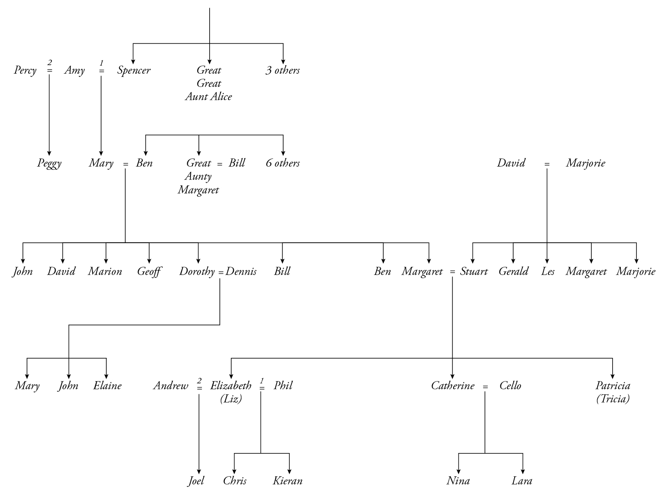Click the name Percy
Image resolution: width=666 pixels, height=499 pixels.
coord(25,71)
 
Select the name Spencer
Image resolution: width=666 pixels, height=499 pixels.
coord(134,71)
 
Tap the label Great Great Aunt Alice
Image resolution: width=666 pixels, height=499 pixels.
coord(209,83)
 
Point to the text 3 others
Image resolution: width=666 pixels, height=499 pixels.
coord(283,71)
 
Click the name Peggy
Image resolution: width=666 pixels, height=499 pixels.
coord(49,163)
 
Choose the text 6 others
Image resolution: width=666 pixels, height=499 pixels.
coord(283,163)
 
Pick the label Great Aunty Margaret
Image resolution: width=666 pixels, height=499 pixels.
coord(199,176)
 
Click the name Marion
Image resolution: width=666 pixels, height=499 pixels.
coord(105,272)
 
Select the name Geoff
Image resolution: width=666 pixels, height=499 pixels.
coord(149,272)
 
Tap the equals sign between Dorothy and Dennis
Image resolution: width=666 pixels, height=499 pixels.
coord(221,272)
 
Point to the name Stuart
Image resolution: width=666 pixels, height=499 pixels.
coord(474,272)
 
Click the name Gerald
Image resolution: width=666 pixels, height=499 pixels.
coord(513,272)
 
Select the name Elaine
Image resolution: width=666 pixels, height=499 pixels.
coord(107,386)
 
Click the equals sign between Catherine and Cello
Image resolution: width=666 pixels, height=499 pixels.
coord(485,387)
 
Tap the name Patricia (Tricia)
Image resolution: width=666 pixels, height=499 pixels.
coord(613,392)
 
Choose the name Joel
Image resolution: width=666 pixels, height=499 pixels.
coord(196,481)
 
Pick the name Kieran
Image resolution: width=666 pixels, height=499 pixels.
coord(288,481)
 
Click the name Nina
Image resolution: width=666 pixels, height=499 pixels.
coord(458,481)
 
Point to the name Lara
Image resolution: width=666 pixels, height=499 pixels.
coord(522,481)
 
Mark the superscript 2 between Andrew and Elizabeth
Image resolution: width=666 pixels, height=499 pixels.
coord(199,380)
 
